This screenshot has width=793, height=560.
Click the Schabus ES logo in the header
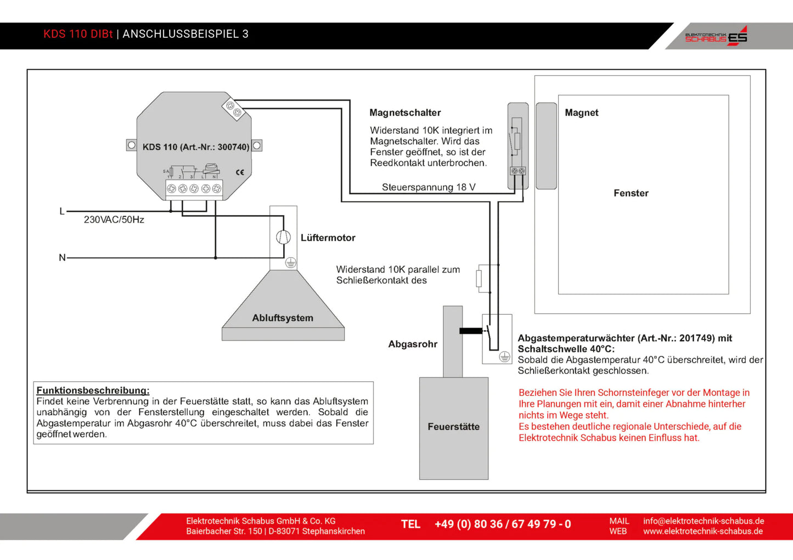tap(716, 36)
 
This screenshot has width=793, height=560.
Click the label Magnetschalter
tap(405, 113)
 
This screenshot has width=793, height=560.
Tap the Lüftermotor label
tap(328, 238)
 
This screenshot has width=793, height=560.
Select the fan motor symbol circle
tap(283, 237)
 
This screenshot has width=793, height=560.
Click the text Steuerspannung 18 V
tap(429, 188)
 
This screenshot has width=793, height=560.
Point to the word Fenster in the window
tap(631, 193)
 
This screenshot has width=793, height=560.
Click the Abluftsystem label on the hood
tap(283, 318)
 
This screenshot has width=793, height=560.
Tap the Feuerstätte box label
tap(453, 427)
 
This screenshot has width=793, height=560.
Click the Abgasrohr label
tap(413, 344)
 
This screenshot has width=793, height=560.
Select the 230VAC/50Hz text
tap(114, 220)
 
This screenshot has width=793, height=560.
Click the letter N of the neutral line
tap(62, 258)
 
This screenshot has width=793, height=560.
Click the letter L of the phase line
tap(62, 211)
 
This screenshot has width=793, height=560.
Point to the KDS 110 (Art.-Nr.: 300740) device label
tap(195, 147)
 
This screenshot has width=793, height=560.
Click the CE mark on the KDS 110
tap(240, 172)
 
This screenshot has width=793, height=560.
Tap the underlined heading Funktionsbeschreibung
tap(93, 391)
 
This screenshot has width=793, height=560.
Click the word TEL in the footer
tap(410, 524)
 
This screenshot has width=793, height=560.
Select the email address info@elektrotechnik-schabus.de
tap(704, 521)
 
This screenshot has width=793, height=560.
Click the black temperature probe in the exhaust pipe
tap(470, 331)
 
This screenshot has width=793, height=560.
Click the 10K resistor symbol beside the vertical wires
tap(479, 278)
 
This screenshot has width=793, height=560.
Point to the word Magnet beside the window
tap(581, 113)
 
